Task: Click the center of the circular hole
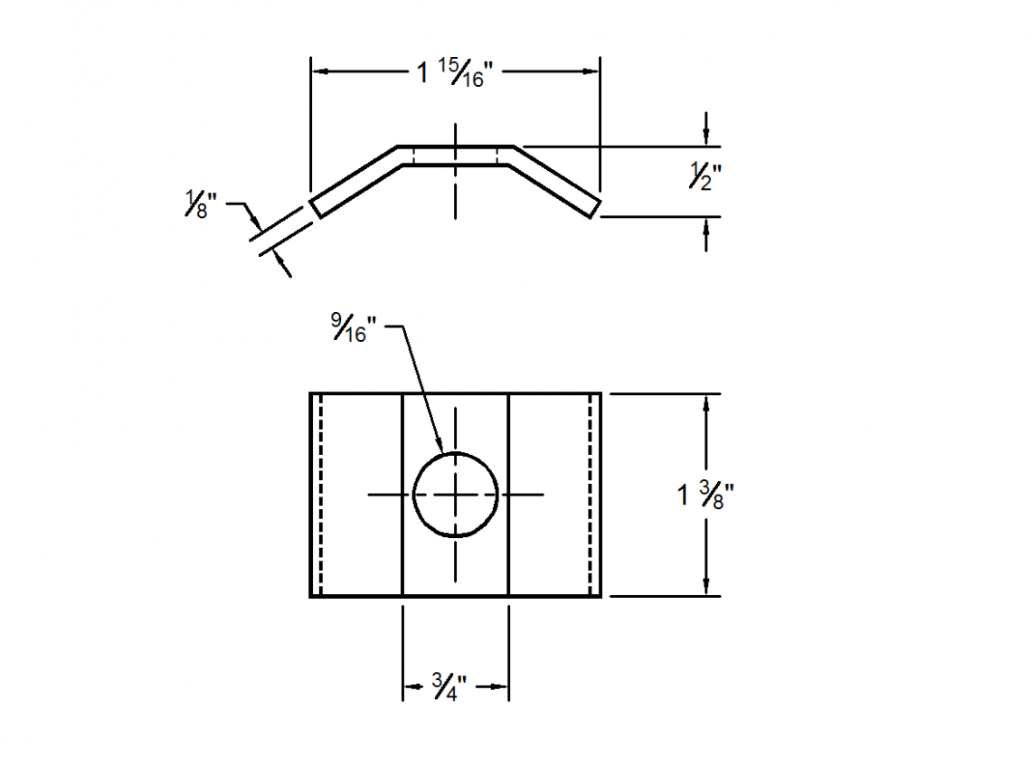click(456, 495)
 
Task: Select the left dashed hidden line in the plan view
click(320, 495)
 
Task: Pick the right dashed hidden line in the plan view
click(590, 495)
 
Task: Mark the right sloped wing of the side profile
click(553, 180)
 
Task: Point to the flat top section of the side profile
click(456, 155)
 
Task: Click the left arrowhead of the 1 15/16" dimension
click(317, 71)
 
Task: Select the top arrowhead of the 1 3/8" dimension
click(706, 401)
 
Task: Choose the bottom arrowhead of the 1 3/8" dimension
click(706, 590)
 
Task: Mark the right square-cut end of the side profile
click(595, 207)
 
